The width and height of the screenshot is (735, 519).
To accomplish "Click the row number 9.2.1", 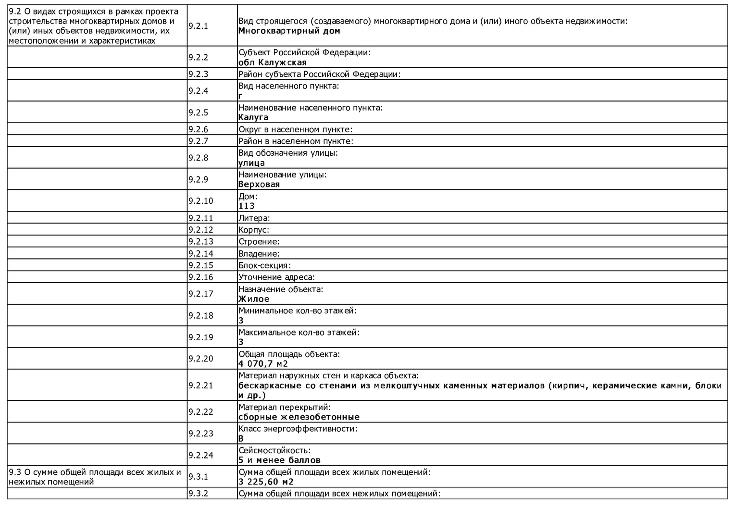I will coord(198,26).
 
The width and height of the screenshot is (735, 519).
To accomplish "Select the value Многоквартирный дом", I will coord(289,31).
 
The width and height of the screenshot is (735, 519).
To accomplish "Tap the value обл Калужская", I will coord(272,62).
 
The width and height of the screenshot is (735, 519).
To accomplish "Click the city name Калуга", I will coord(253,117).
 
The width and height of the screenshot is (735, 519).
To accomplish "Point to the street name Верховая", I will coord(259,185).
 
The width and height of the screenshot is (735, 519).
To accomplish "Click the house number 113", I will coord(246,206).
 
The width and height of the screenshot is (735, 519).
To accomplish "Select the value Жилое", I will coord(254,299).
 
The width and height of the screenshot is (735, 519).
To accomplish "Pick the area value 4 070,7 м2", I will coord(263,364).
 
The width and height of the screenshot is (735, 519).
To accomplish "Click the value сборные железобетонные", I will coord(299,417).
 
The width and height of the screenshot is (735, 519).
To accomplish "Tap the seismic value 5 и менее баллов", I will coord(279,460).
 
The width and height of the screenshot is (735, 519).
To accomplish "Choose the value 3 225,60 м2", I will coord(266,482).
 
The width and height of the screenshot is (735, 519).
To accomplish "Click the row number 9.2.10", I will coord(200,201).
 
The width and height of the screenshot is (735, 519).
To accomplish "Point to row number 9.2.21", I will coord(200,385).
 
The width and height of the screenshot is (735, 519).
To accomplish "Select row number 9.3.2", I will coord(198,494).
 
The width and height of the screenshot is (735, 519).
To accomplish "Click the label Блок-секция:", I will coord(264,265).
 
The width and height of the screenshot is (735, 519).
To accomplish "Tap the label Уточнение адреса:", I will coord(276,277).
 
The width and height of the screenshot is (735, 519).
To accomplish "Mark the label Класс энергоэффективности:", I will coord(298,429).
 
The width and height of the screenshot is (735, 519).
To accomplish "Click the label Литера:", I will coord(254,218).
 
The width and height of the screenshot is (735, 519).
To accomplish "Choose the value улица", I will coord(251,163).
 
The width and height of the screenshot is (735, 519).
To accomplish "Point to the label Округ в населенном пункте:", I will coord(295,129).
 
